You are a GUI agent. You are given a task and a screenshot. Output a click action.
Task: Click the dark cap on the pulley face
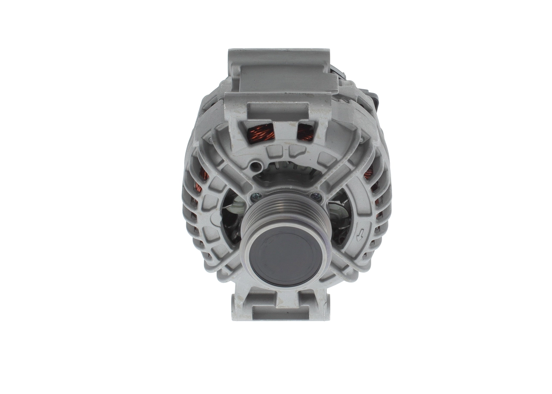285,256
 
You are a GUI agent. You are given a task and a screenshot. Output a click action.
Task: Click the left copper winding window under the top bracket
261,133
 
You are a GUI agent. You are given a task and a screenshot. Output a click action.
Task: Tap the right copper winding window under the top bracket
306,132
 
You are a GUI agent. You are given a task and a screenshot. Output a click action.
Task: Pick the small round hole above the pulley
257,165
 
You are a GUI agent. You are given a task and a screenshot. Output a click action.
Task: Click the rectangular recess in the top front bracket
278,111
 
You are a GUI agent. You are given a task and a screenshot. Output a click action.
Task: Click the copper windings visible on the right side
369,175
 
